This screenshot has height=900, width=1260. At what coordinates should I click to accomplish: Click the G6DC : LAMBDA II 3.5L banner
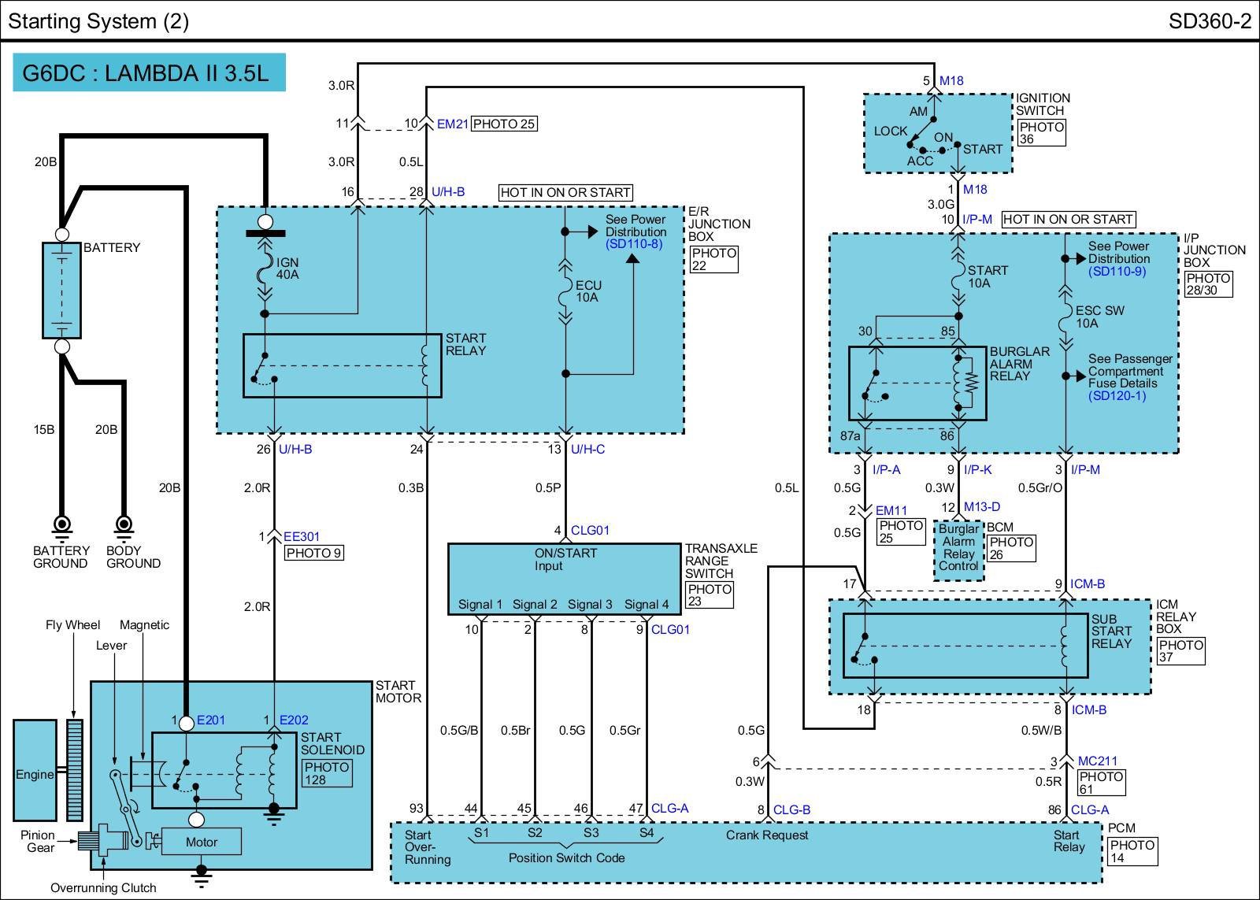pyautogui.click(x=149, y=72)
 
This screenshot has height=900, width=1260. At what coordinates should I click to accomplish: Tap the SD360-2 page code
pyautogui.click(x=1210, y=21)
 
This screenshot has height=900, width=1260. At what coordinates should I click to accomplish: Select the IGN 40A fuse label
pyautogui.click(x=287, y=269)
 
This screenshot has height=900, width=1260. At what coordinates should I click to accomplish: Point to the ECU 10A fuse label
pyautogui.click(x=588, y=291)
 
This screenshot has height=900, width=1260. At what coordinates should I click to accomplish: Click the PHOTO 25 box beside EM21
pyautogui.click(x=504, y=124)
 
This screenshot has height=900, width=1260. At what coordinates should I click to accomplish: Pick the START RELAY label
pyautogui.click(x=465, y=344)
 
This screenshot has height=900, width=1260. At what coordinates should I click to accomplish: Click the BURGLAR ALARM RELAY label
pyautogui.click(x=1019, y=363)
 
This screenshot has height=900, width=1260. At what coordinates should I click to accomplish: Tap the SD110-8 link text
pyautogui.click(x=634, y=244)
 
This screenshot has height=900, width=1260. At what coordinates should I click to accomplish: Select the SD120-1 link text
pyautogui.click(x=1117, y=395)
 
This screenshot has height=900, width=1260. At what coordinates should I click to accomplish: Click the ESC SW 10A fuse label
pyautogui.click(x=1099, y=317)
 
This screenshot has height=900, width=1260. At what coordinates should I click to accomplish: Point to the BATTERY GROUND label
pyautogui.click(x=61, y=557)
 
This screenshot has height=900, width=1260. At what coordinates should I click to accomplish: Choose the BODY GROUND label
pyautogui.click(x=133, y=557)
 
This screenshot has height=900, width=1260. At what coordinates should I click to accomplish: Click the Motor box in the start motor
pyautogui.click(x=202, y=842)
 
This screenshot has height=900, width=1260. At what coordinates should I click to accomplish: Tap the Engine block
pyautogui.click(x=35, y=771)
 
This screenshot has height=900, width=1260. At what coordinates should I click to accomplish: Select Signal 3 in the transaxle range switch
pyautogui.click(x=590, y=604)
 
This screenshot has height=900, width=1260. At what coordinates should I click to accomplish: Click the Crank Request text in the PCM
pyautogui.click(x=767, y=835)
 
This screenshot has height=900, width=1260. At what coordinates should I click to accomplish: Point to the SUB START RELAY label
pyautogui.click(x=1111, y=631)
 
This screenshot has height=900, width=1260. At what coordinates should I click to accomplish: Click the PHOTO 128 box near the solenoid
pyautogui.click(x=327, y=773)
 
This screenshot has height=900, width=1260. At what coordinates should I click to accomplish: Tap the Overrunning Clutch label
pyautogui.click(x=103, y=887)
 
